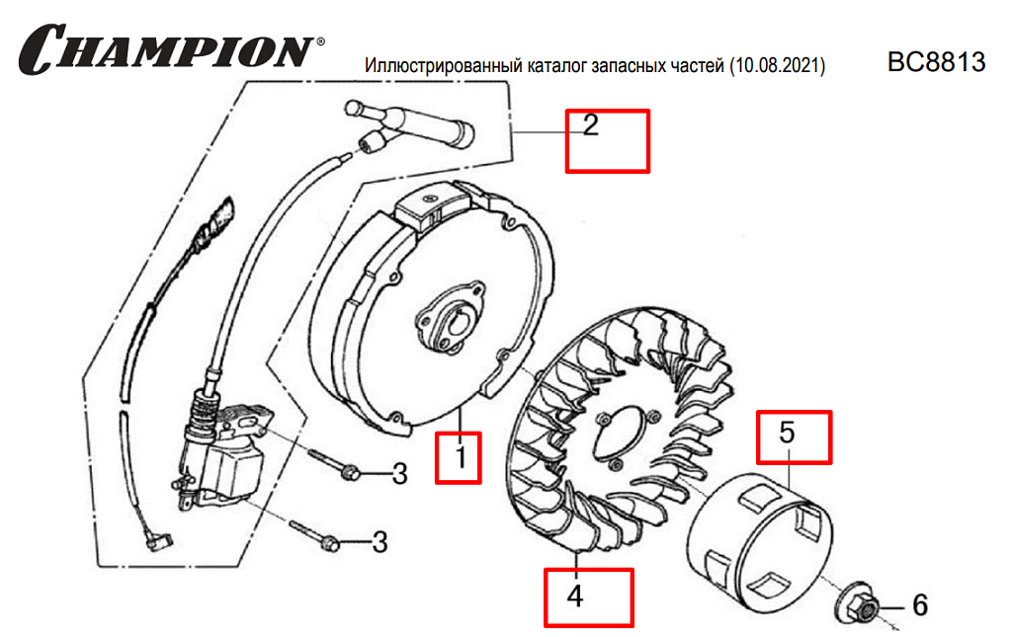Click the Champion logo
[171, 48]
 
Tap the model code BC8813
[936, 62]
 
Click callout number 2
[590, 125]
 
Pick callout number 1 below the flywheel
[461, 457]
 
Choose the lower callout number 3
[380, 542]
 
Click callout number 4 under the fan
[575, 597]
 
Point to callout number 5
[787, 433]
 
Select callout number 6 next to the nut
[920, 605]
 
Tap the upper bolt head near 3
[350, 473]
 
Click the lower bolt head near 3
[330, 543]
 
